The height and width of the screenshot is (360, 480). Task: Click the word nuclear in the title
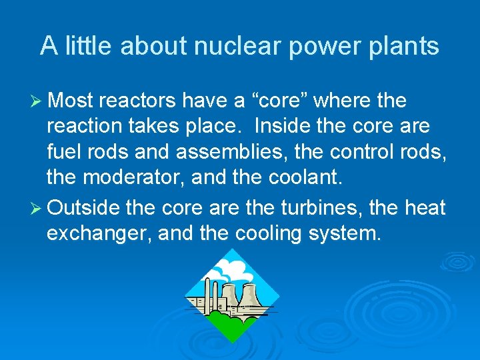pos(228,46)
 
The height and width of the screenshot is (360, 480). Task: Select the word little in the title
pos(88,46)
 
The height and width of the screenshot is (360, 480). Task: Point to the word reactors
pos(137,101)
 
